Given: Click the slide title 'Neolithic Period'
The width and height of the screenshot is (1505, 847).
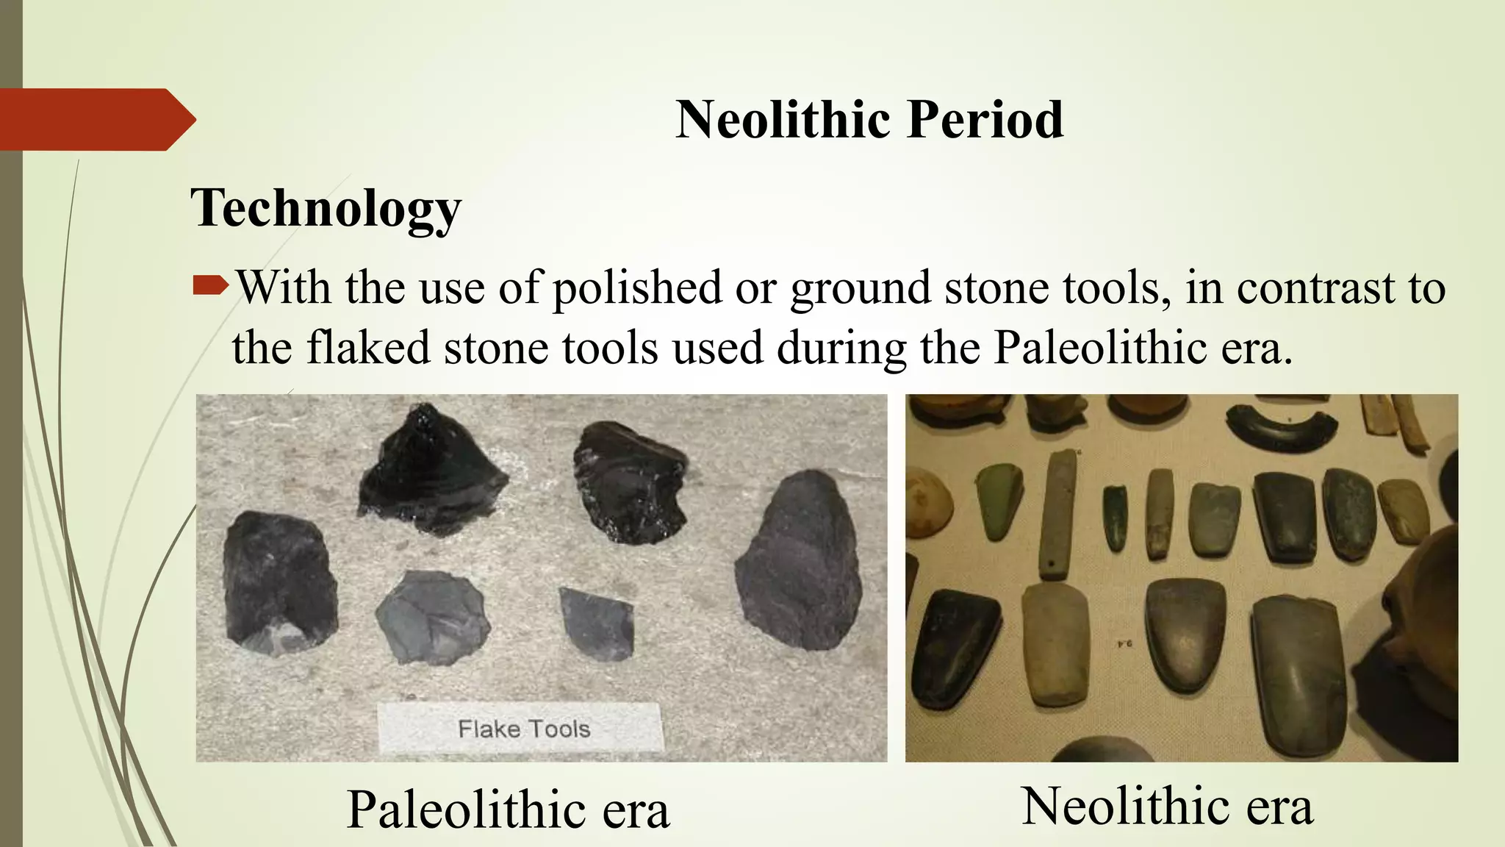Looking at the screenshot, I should coord(869,120).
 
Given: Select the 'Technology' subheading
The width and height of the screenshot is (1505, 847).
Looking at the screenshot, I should coord(326,208).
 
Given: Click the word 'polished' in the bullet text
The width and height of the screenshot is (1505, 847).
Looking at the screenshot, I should coord(637,287).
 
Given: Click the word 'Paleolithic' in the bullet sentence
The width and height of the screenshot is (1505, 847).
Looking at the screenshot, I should coord(1100,348).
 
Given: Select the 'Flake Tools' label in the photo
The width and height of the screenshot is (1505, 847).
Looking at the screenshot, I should coord(523,729).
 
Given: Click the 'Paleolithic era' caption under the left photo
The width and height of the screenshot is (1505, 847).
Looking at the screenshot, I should coord(508,810).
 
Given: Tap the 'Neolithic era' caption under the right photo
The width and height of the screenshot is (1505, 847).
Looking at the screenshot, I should coord(1166,807).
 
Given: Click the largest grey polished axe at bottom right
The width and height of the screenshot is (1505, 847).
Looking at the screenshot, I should coord(1298,673).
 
